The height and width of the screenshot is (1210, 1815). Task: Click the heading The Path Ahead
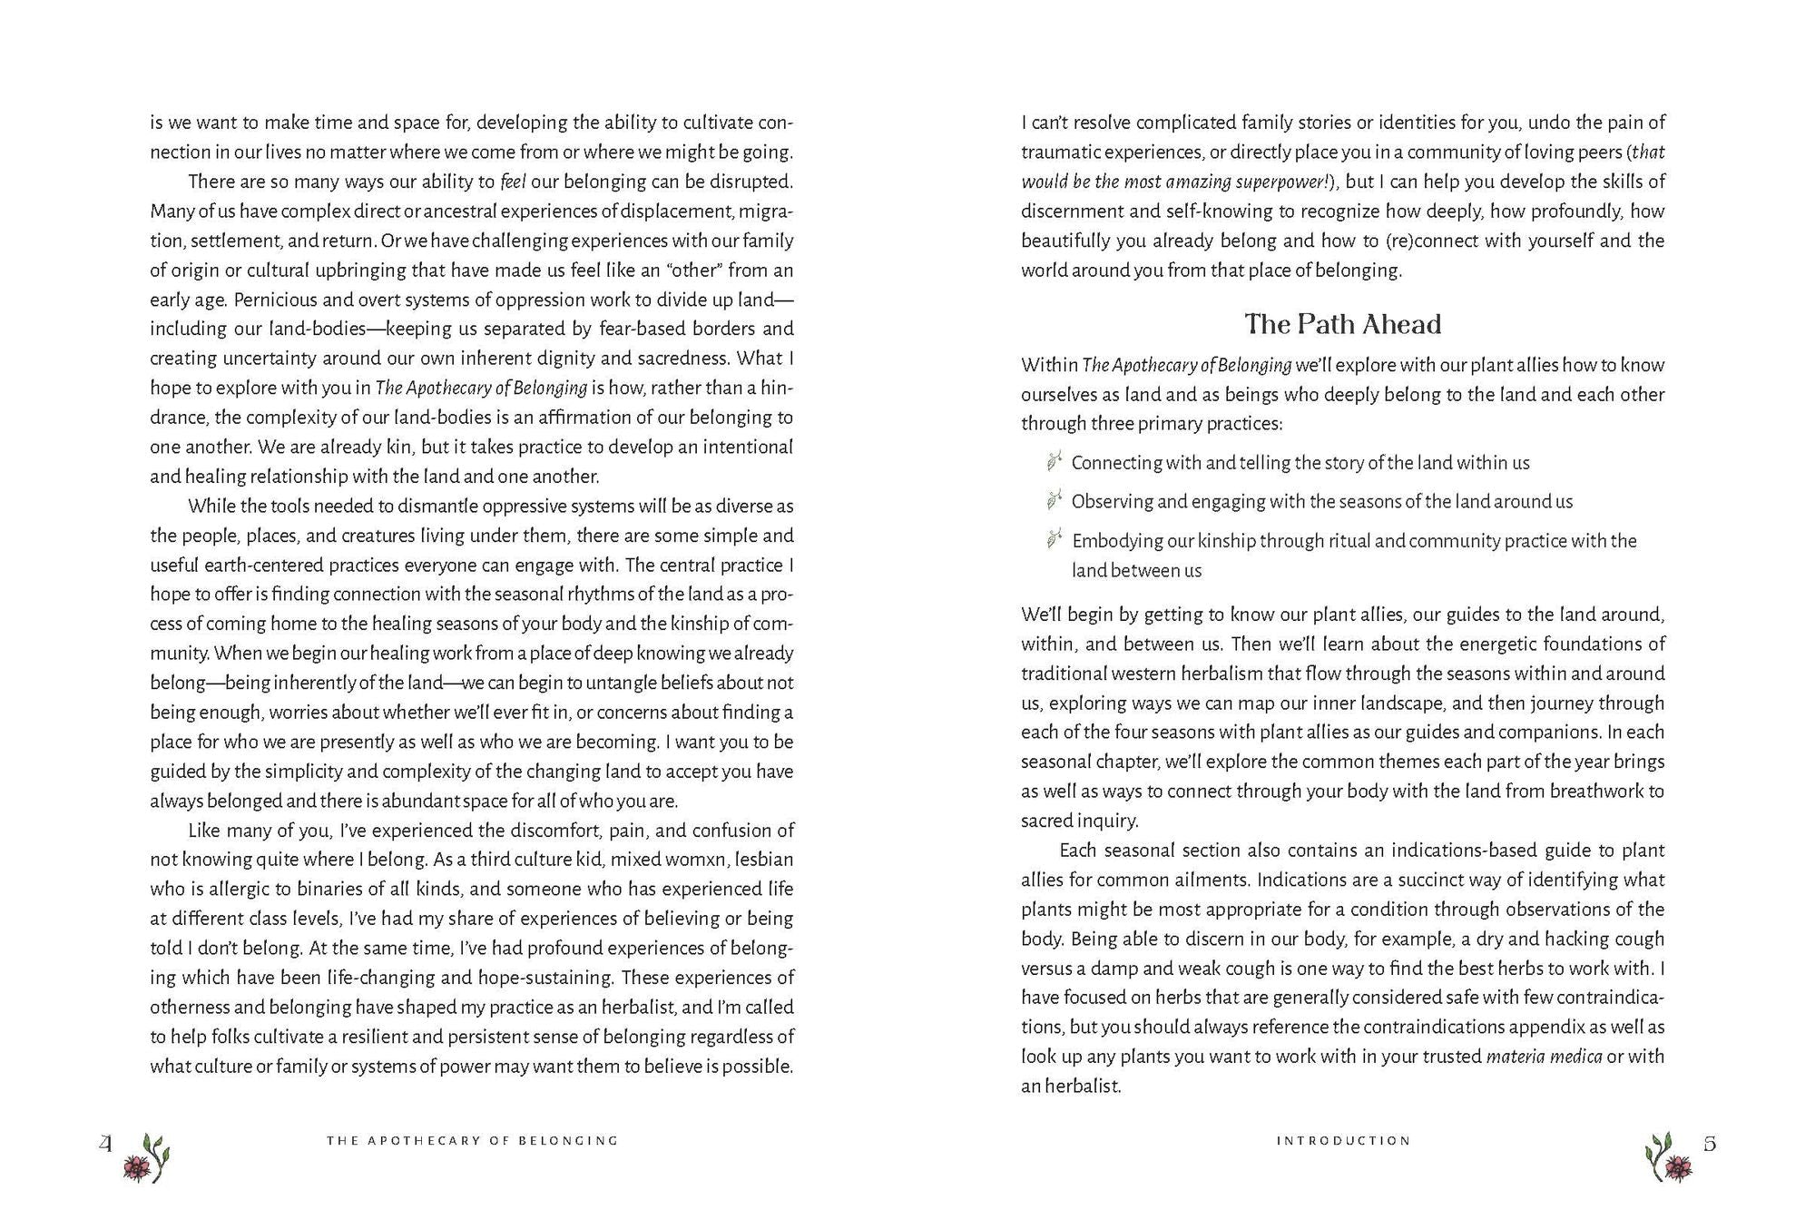pos(1342,324)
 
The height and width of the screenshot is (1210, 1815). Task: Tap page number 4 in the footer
pos(106,1144)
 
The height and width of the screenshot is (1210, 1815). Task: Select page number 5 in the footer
pos(1710,1144)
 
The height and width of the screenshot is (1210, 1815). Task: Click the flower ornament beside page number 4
pos(149,1157)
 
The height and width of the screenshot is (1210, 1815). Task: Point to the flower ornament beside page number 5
pos(1668,1157)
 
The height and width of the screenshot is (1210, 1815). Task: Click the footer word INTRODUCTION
pos(1343,1141)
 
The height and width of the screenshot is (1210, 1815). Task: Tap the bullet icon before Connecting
pos(1054,462)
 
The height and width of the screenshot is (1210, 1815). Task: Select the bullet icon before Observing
pos(1054,500)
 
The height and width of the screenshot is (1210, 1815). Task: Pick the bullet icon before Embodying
pos(1054,540)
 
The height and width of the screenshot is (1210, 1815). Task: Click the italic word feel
pos(514,182)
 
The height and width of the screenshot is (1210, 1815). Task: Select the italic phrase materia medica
pos(1544,1057)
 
